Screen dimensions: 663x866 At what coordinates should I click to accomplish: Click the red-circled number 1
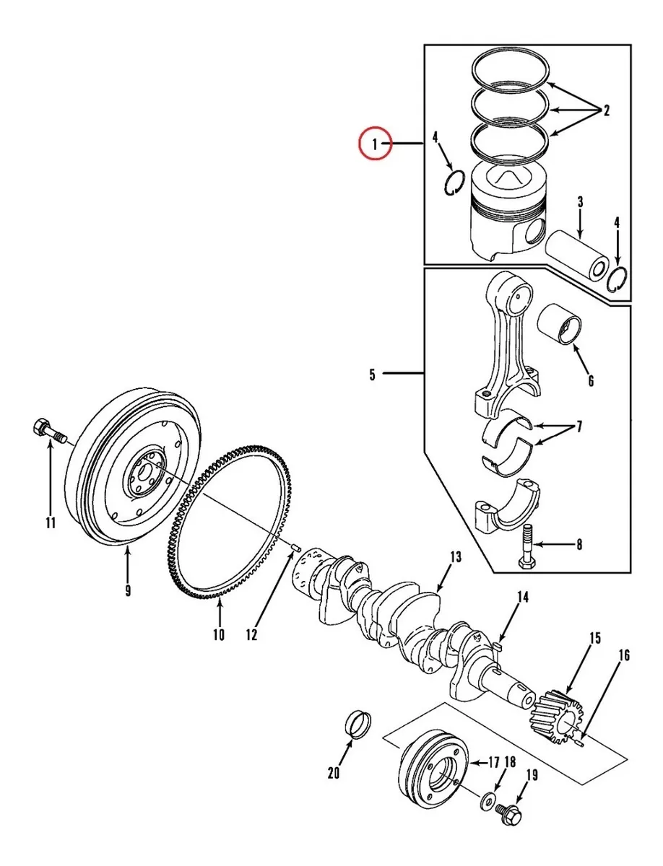coord(375,144)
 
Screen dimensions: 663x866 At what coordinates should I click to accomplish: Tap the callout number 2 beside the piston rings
coord(606,110)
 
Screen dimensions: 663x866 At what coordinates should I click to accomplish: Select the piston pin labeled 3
coord(577,255)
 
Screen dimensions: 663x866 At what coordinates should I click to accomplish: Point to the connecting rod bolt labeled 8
coord(527,546)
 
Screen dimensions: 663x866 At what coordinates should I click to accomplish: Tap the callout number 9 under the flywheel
coord(128,590)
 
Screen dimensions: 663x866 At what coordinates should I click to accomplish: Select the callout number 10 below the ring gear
coord(219,635)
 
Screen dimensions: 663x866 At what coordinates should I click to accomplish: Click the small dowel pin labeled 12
coord(297,548)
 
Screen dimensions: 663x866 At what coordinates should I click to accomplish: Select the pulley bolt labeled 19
coord(508,815)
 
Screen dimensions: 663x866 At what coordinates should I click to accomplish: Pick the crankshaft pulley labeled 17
coord(433,770)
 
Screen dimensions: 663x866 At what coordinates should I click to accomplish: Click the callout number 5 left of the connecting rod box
coord(372,375)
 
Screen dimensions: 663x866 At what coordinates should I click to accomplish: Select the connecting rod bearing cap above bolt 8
coord(507,504)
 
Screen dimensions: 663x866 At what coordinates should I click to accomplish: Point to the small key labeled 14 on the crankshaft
coord(498,646)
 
